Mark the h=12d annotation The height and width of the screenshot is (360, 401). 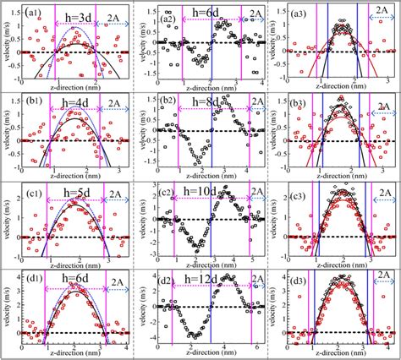pyautogui.click(x=214, y=280)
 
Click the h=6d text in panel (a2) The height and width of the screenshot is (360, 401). pyautogui.click(x=215, y=16)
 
